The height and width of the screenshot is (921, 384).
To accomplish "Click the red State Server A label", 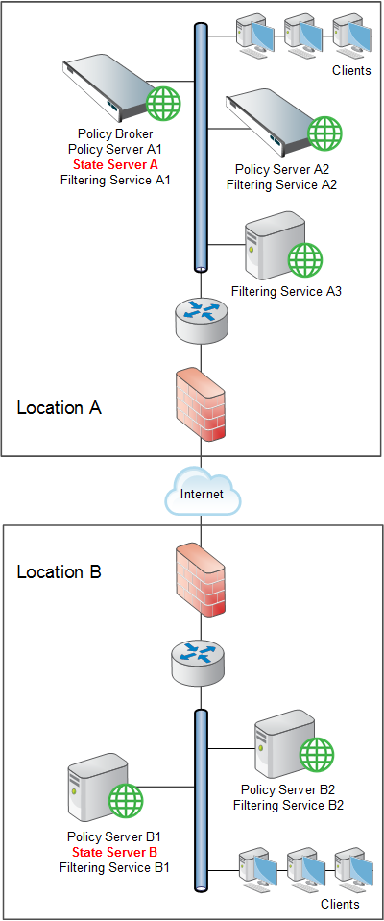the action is [x=115, y=164].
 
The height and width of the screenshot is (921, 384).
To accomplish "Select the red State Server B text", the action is [x=115, y=852].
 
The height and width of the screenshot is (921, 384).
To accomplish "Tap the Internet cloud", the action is [x=202, y=494].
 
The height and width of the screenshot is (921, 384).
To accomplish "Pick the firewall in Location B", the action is [x=202, y=582].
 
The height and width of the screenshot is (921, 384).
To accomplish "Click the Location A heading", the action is [x=60, y=407].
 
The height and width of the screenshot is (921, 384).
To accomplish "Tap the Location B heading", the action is [x=60, y=571].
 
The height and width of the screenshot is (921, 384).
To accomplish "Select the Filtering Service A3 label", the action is [x=286, y=291].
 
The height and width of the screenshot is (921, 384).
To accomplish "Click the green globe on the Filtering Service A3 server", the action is [x=305, y=257].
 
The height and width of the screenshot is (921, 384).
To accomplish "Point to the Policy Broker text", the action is [x=115, y=134].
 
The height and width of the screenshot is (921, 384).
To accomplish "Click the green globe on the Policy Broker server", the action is [x=163, y=104].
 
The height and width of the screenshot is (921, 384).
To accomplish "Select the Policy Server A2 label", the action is [x=282, y=169].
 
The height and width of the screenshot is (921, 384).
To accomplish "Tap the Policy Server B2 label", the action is [x=288, y=788].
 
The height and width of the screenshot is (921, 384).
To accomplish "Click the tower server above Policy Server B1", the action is [x=98, y=788].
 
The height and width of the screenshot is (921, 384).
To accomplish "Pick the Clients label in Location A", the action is [x=351, y=70].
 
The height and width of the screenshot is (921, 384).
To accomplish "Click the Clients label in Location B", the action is [x=340, y=904].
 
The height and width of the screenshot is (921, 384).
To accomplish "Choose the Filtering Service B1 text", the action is [x=115, y=866].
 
